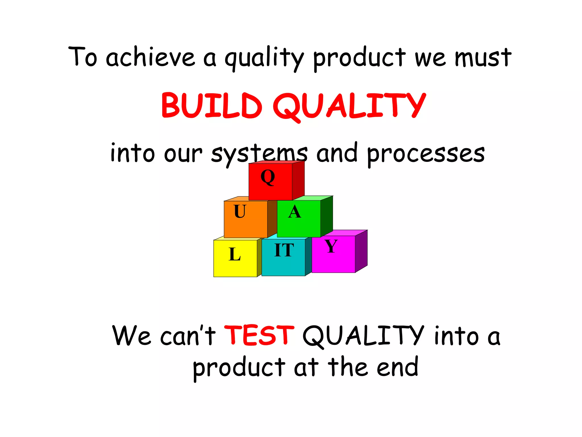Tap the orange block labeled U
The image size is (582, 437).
pos(246,219)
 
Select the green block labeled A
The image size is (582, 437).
pos(299,218)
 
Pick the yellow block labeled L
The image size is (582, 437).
pos(235,258)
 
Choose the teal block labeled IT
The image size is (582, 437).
pos(283,257)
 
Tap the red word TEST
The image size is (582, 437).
pos(259,335)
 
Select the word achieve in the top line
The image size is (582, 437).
pos(150,57)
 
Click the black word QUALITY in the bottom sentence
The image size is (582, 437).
pos(363,336)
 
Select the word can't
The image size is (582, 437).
pos(188,336)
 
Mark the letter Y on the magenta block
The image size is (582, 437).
pos(331,246)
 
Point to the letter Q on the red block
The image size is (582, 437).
pos(268,177)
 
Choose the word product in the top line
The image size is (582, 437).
pos(359,58)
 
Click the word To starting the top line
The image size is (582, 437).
pos(83,57)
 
